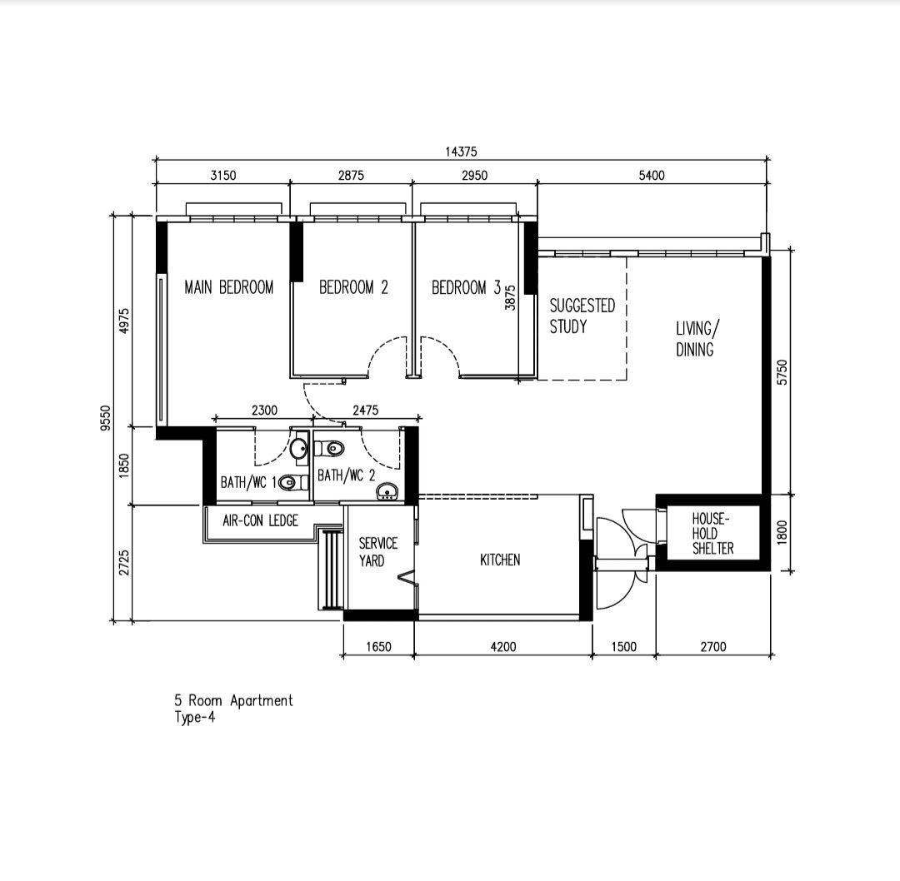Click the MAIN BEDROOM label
229,286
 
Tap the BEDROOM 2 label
353,286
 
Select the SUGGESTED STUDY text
582,316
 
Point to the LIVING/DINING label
697,339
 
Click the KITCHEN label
500,560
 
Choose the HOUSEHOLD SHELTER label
712,534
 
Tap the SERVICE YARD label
377,552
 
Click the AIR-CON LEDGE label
261,520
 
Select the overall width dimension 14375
461,152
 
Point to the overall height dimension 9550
105,417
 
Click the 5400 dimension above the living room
652,175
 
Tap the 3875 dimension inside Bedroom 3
510,297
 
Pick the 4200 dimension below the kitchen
503,646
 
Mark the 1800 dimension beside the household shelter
782,532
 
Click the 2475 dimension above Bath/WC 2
366,410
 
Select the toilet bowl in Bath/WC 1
287,482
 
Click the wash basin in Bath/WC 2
387,491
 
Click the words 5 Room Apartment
234,700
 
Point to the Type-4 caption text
195,717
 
